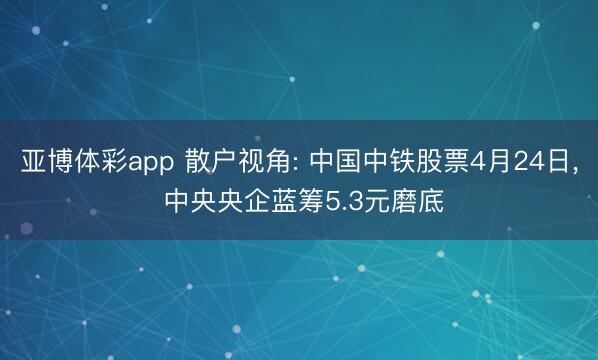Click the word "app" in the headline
coord(150,163)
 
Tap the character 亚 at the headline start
coord(32,161)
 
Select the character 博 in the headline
coord(58,161)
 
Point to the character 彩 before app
coord(109,161)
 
